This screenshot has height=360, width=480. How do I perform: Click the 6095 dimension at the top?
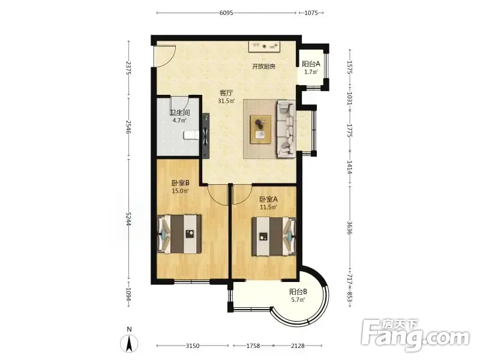pos(226,13)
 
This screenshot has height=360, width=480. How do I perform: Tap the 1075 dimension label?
pos(311,13)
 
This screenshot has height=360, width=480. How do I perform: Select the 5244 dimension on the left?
pos(128,219)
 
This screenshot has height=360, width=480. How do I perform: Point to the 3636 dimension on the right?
pos(350,227)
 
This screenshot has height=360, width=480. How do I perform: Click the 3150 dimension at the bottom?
pos(193,346)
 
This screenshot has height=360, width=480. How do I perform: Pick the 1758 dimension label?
pos(253,346)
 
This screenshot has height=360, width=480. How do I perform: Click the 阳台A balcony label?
pos(311,64)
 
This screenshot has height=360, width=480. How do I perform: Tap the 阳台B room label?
pos(298,292)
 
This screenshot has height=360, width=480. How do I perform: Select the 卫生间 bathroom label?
pos(179,113)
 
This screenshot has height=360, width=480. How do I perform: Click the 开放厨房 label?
pos(263,66)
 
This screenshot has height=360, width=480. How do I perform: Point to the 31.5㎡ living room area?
pos(226,101)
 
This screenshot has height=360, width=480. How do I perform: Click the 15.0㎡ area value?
pos(180,191)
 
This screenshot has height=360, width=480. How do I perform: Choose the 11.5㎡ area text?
pos(268,207)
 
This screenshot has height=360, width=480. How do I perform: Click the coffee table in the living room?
pos(260,129)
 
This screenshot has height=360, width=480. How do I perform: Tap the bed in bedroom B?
pos(179,234)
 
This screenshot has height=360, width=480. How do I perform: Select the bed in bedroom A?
pos(274,236)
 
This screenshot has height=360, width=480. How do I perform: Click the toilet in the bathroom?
pos(191,135)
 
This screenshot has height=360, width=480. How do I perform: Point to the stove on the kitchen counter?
pos(265,46)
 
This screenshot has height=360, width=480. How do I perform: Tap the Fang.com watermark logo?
pos(415,335)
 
